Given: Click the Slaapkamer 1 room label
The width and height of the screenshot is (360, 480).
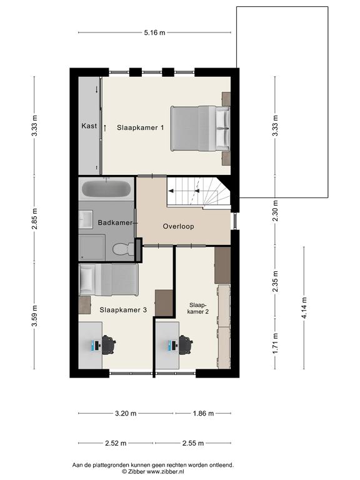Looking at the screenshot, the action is [140, 127].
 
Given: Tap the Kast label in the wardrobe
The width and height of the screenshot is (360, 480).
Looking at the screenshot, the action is [89, 126].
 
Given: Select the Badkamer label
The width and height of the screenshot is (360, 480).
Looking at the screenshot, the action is [115, 222].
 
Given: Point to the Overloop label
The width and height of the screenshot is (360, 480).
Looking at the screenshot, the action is [179, 226].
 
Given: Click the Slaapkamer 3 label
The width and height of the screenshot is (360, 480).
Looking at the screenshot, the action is [123, 310].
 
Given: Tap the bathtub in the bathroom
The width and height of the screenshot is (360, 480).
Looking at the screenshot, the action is [106, 189].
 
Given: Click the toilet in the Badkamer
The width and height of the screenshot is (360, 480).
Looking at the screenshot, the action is [123, 249].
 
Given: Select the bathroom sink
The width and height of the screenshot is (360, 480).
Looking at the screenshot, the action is [86, 219].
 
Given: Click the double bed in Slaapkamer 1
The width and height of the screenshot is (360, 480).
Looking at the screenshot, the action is [200, 128].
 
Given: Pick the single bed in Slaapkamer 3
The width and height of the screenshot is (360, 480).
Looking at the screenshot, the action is [109, 280].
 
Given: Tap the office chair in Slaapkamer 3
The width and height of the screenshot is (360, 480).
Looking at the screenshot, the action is [109, 345].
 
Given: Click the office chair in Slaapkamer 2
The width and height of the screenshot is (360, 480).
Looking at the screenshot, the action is [186, 345].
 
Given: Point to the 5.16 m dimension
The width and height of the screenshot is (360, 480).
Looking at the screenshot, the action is [154, 32].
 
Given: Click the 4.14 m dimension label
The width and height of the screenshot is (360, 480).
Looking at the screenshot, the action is [304, 308].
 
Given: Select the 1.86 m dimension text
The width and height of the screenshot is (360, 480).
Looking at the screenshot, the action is [203, 413].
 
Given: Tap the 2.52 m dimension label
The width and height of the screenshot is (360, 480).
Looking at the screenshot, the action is [116, 443].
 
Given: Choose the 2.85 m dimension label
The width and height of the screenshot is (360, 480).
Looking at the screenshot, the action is [34, 219].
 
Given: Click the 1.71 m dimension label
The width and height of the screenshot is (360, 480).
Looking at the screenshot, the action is [275, 344].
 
